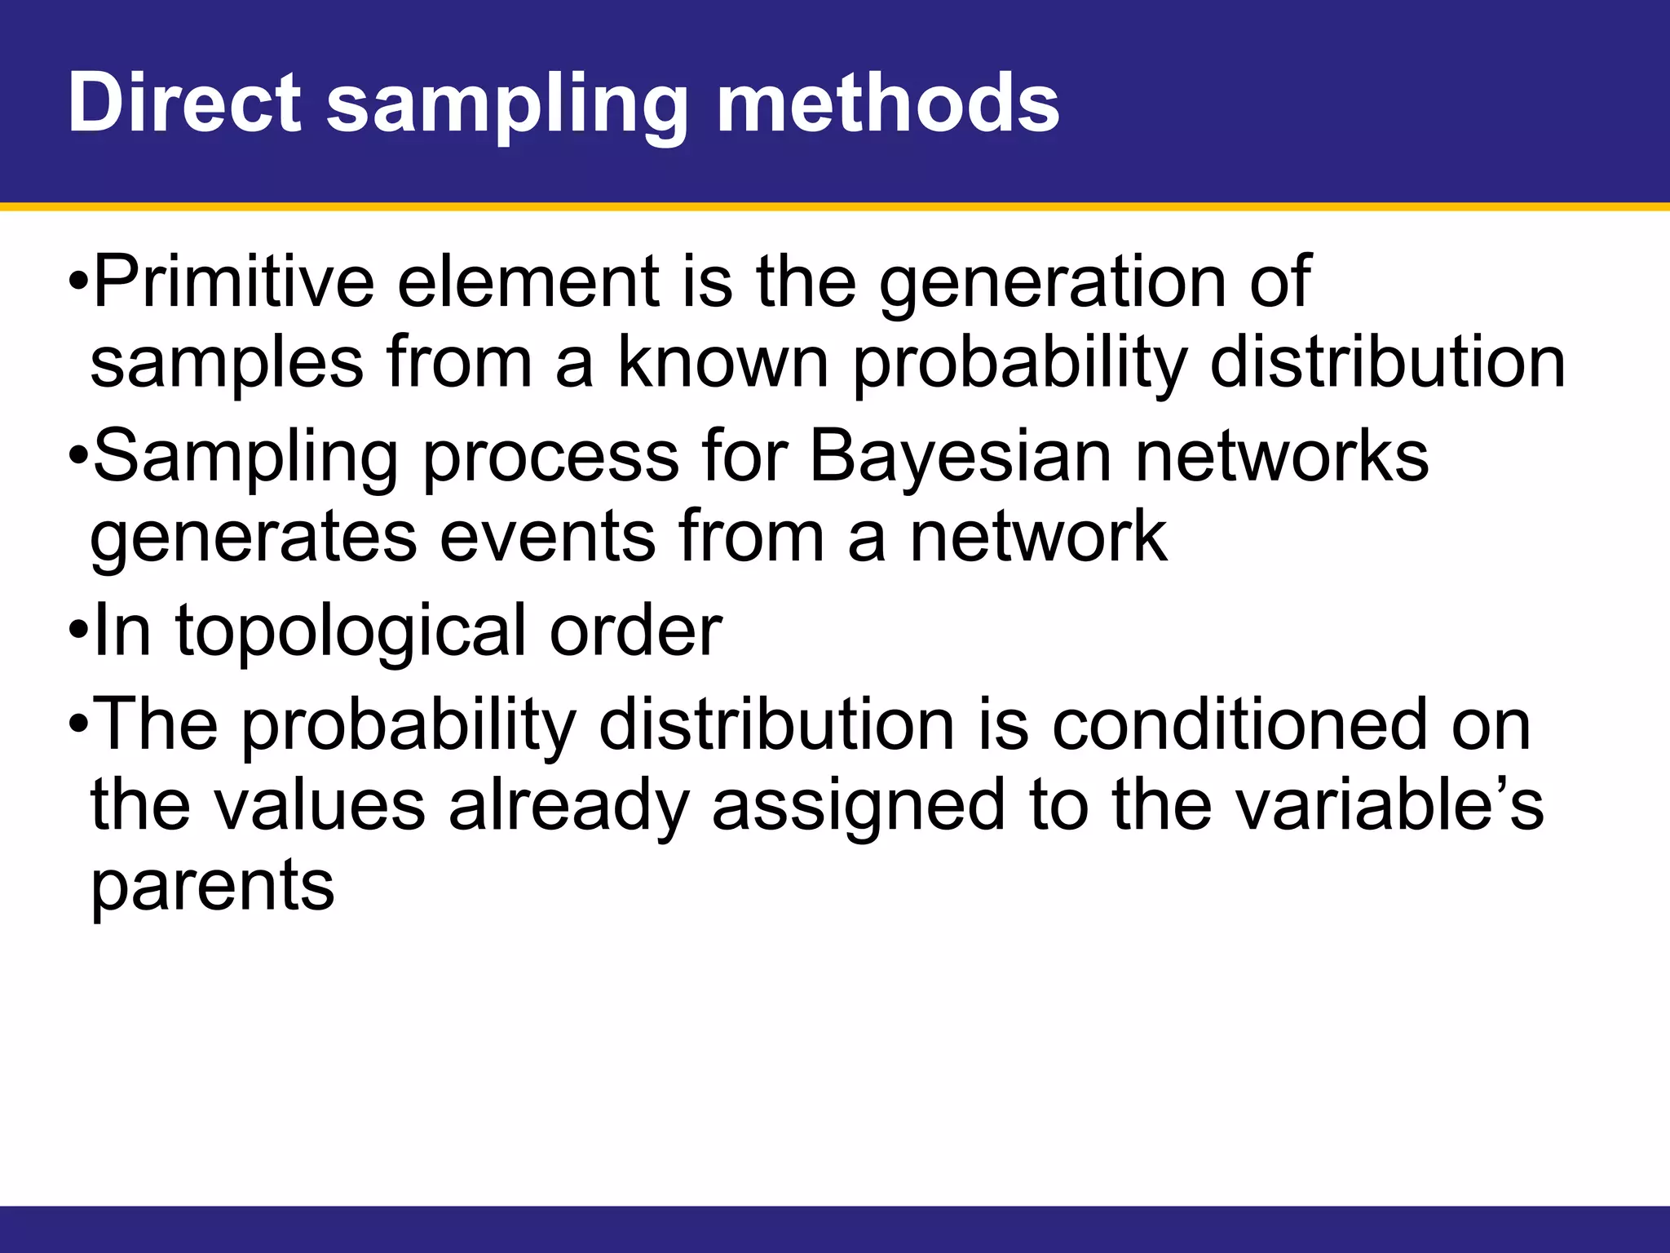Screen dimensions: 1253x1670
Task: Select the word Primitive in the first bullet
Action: pos(233,281)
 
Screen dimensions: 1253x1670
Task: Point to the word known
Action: pos(722,362)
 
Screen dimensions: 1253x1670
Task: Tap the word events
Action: pos(547,537)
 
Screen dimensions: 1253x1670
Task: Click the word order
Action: pos(635,631)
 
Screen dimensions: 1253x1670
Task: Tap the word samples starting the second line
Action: pos(227,364)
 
